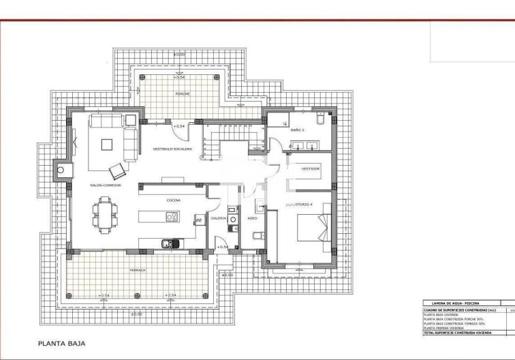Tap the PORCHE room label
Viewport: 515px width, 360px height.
181,93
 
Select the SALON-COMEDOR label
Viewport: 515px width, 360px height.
106,185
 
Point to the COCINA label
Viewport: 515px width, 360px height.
173,200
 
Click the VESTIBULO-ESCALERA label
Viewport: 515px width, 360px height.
172,149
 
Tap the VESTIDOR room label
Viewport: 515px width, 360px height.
311,168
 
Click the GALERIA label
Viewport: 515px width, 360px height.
218,218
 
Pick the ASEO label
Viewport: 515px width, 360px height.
251,218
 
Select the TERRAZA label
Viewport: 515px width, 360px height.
137,270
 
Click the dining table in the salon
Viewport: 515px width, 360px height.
106,212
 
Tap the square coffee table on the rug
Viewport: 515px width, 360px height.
108,144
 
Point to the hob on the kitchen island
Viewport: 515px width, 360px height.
171,217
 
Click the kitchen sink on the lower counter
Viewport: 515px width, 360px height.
166,243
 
